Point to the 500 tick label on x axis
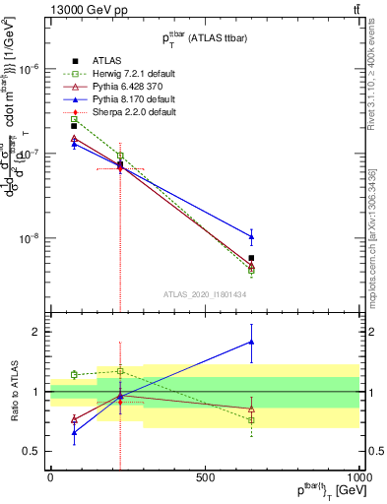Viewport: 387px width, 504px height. pyautogui.click(x=205, y=477)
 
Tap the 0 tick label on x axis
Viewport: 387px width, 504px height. pyautogui.click(x=50, y=477)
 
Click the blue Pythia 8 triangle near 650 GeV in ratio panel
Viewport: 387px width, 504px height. pyautogui.click(x=252, y=342)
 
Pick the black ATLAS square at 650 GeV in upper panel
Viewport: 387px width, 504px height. pyautogui.click(x=252, y=258)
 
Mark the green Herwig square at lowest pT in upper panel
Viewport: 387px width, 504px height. pyautogui.click(x=74, y=119)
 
